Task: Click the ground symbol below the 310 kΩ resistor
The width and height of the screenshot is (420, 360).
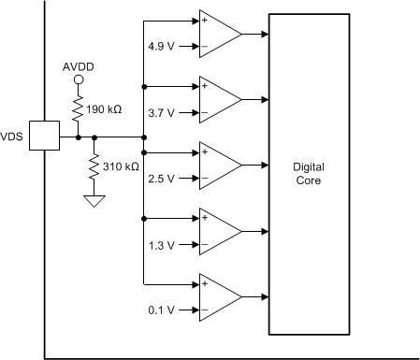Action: [x=94, y=200]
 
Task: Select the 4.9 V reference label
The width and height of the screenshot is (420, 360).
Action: [x=161, y=46]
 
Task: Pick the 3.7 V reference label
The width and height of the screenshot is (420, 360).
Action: [x=161, y=111]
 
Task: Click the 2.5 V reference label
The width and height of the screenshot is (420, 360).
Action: [x=161, y=177]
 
